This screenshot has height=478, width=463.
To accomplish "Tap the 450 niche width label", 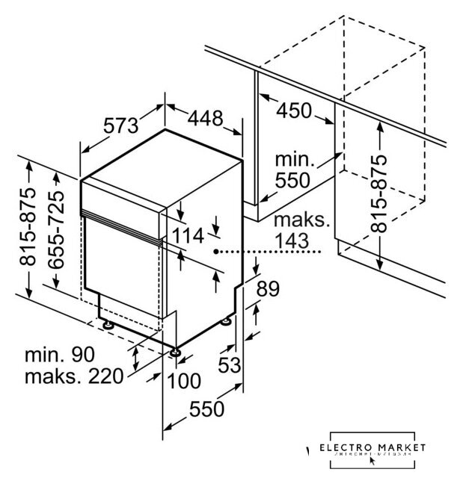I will click(x=294, y=110).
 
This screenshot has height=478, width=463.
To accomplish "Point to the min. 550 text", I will click(x=295, y=170).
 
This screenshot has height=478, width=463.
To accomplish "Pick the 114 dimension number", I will click(x=187, y=236).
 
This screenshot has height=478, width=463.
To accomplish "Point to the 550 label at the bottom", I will click(x=205, y=409).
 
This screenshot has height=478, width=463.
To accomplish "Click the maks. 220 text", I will click(x=73, y=376).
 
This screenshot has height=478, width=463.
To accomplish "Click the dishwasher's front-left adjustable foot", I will click(x=108, y=326).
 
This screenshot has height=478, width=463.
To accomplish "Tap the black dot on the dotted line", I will click(x=215, y=252).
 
